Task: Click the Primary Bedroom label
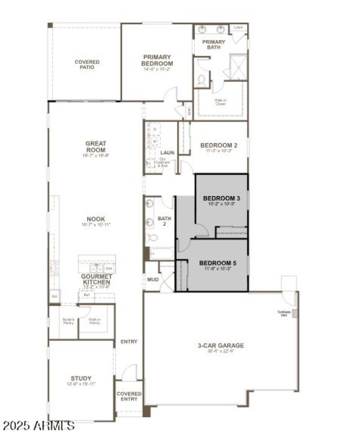click(x=157, y=60)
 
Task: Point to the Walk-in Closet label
click(x=220, y=102)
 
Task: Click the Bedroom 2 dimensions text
click(x=218, y=152)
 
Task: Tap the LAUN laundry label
click(x=167, y=153)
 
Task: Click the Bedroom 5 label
click(x=217, y=263)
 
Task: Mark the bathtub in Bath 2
click(x=161, y=254)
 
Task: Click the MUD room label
click(x=153, y=280)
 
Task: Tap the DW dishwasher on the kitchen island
click(x=109, y=268)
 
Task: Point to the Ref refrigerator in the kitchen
click(x=86, y=295)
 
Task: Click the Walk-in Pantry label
click(x=94, y=321)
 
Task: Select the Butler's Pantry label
click(x=63, y=321)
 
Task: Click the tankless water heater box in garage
click(x=295, y=313)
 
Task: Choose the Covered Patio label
click(x=87, y=64)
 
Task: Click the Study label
click(x=81, y=378)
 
